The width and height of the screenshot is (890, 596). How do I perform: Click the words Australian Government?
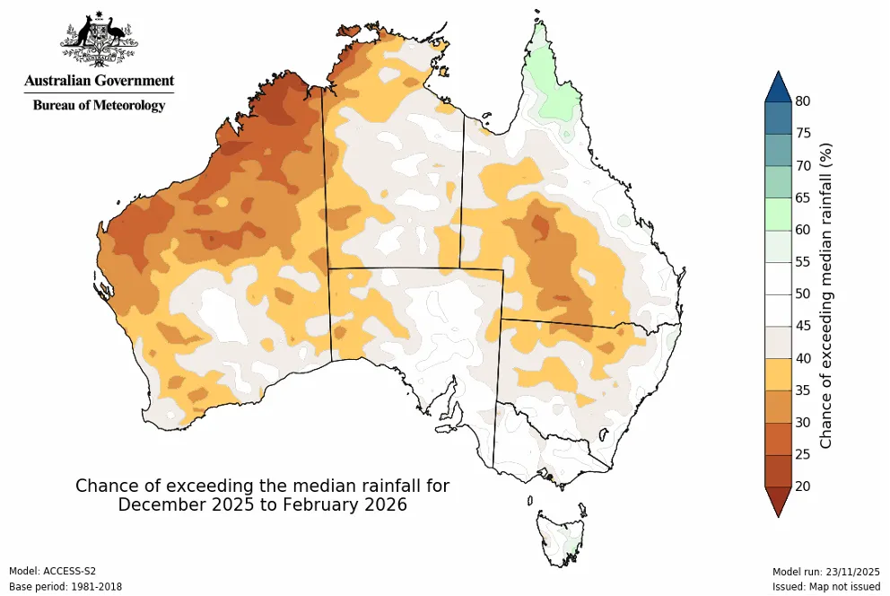pos(99,81)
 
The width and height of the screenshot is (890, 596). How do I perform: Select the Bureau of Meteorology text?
pos(99,105)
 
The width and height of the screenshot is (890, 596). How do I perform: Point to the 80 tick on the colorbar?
pos(804,101)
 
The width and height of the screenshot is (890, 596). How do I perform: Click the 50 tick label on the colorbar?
pos(804,294)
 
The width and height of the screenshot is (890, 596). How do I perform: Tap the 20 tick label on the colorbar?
pos(804,486)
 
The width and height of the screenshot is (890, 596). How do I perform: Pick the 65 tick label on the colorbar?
pos(804,197)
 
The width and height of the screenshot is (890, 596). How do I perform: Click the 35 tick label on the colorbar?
pos(804,390)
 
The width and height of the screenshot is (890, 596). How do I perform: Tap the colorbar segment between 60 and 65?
pos(777,214)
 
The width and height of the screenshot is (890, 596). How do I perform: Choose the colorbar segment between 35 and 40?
pos(777,374)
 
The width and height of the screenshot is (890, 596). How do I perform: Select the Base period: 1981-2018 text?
pos(65,587)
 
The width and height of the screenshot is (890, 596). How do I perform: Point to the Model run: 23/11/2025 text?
pos(826,571)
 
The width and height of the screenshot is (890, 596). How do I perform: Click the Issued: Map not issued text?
pos(826,587)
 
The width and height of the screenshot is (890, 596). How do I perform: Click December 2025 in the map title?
pos(179,505)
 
